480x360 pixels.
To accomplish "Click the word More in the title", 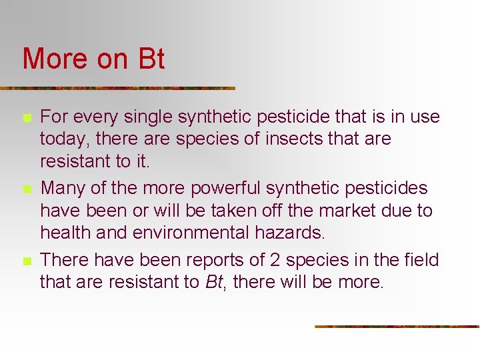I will coord(55,59).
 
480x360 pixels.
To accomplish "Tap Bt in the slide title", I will coord(151,59).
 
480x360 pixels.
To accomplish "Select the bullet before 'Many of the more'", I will coord(27,190).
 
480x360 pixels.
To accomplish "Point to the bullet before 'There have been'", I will coord(27,261).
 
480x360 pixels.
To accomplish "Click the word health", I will coord(65,233).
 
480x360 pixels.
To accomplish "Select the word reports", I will coord(218,260).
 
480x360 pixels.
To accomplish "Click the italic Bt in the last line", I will coord(213,282).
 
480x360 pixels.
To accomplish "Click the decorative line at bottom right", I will coord(397,327).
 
